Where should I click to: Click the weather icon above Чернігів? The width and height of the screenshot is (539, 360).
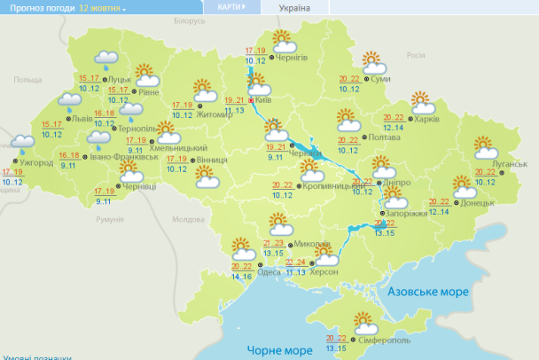coord(284,40)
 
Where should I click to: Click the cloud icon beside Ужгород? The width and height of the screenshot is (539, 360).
coord(23,142)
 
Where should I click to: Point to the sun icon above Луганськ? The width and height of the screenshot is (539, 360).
coord(484,145)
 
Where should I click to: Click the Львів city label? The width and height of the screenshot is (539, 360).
coord(81,118)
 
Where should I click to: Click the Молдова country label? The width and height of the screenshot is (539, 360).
coord(187,219)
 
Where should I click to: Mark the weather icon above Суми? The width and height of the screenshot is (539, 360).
coord(374,63)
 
